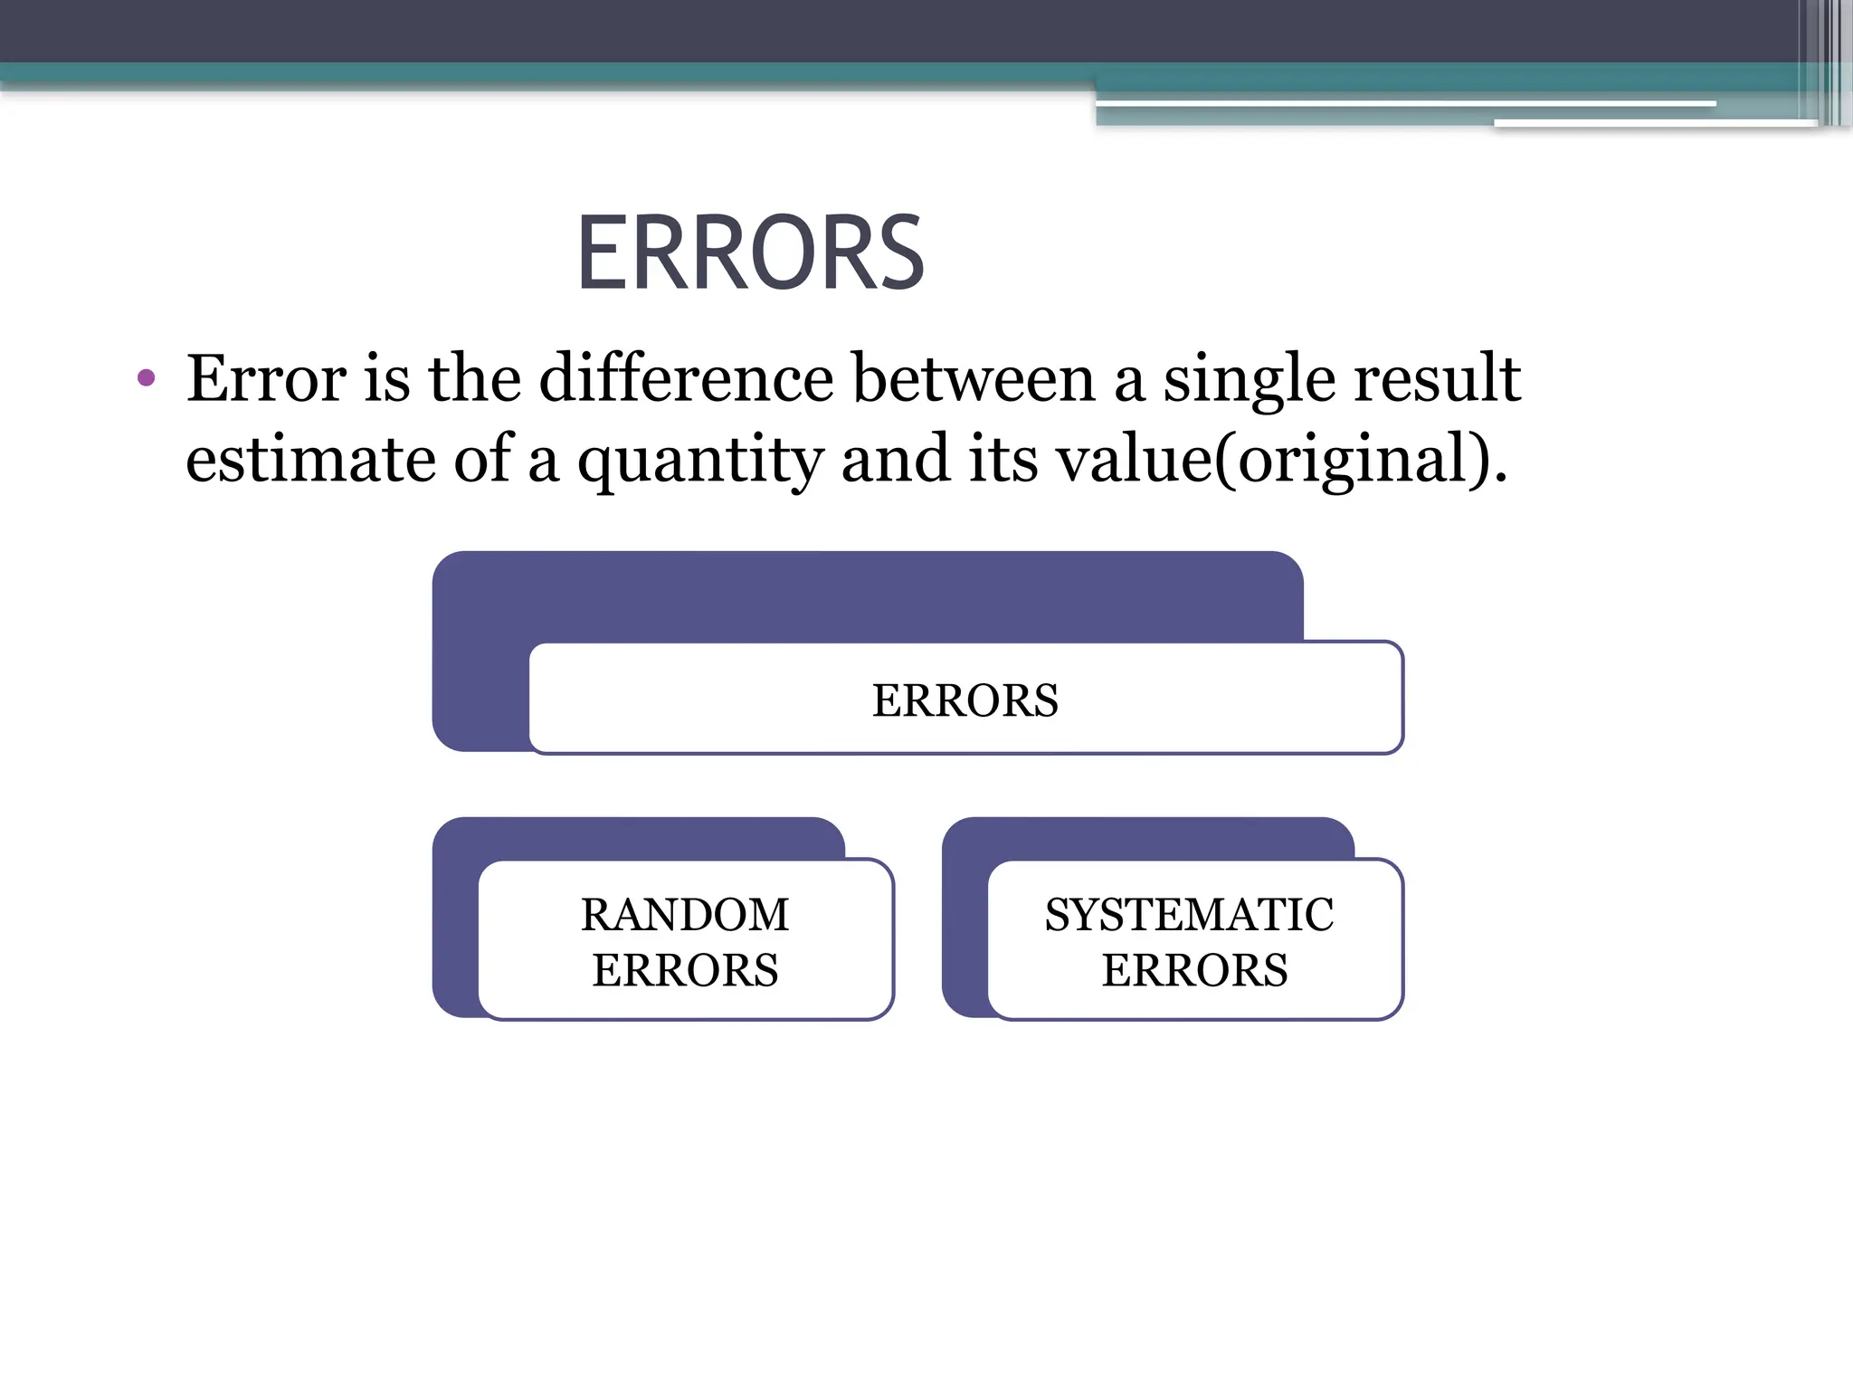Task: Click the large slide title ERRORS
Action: (x=750, y=253)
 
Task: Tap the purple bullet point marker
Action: (x=146, y=377)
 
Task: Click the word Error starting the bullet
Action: (x=266, y=378)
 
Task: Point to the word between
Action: (x=974, y=378)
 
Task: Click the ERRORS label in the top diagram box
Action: (x=965, y=700)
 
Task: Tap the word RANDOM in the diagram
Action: (x=685, y=914)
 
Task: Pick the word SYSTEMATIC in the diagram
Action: (x=1189, y=914)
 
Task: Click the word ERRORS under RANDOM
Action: (x=685, y=970)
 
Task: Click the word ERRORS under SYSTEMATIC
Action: (x=1194, y=970)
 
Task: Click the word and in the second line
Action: (x=896, y=460)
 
